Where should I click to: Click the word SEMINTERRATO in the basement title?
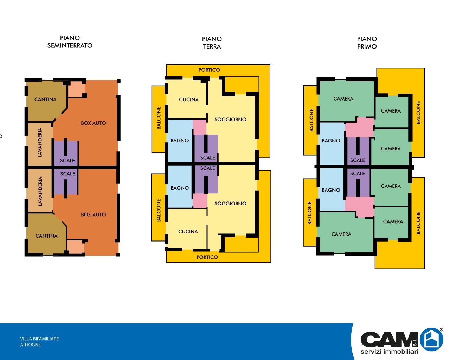(x=70, y=45)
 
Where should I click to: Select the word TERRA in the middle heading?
(x=212, y=46)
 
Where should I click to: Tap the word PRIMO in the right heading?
(x=367, y=46)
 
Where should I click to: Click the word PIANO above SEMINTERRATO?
(x=70, y=38)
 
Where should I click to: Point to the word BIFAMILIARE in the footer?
(x=46, y=339)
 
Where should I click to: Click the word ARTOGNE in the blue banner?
(x=31, y=345)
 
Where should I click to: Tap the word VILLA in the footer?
(x=26, y=339)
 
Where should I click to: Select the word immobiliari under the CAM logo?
(x=401, y=352)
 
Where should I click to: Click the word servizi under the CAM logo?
(x=371, y=352)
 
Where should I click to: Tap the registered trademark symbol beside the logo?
(x=442, y=330)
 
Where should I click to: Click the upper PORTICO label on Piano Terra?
(x=209, y=70)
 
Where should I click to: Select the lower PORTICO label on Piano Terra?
(x=207, y=257)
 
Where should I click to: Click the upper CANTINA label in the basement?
(x=45, y=99)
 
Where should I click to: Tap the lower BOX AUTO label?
(x=94, y=214)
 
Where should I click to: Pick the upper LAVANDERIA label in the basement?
(x=40, y=142)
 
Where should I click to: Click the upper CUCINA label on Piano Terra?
(x=189, y=99)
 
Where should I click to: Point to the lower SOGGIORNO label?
(x=230, y=204)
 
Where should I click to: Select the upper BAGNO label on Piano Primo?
(x=331, y=141)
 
